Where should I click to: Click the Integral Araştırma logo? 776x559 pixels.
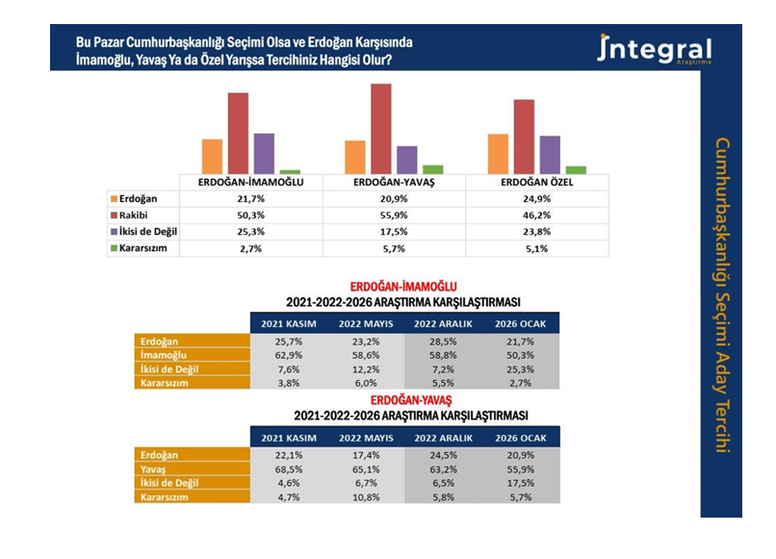coord(655,49)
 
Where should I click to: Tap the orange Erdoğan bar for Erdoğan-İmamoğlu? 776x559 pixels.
coord(212,156)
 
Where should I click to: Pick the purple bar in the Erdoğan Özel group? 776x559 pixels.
coord(549,154)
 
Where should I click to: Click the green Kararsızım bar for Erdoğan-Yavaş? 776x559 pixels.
coord(433,169)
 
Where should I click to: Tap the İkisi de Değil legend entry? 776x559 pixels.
coord(144,231)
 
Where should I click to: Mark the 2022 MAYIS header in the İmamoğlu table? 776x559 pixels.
coord(364,323)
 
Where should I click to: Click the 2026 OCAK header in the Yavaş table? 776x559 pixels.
coord(520,438)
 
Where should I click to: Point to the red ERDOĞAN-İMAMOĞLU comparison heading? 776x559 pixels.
coord(402,287)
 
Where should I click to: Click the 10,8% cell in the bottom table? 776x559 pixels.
coord(364,497)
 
